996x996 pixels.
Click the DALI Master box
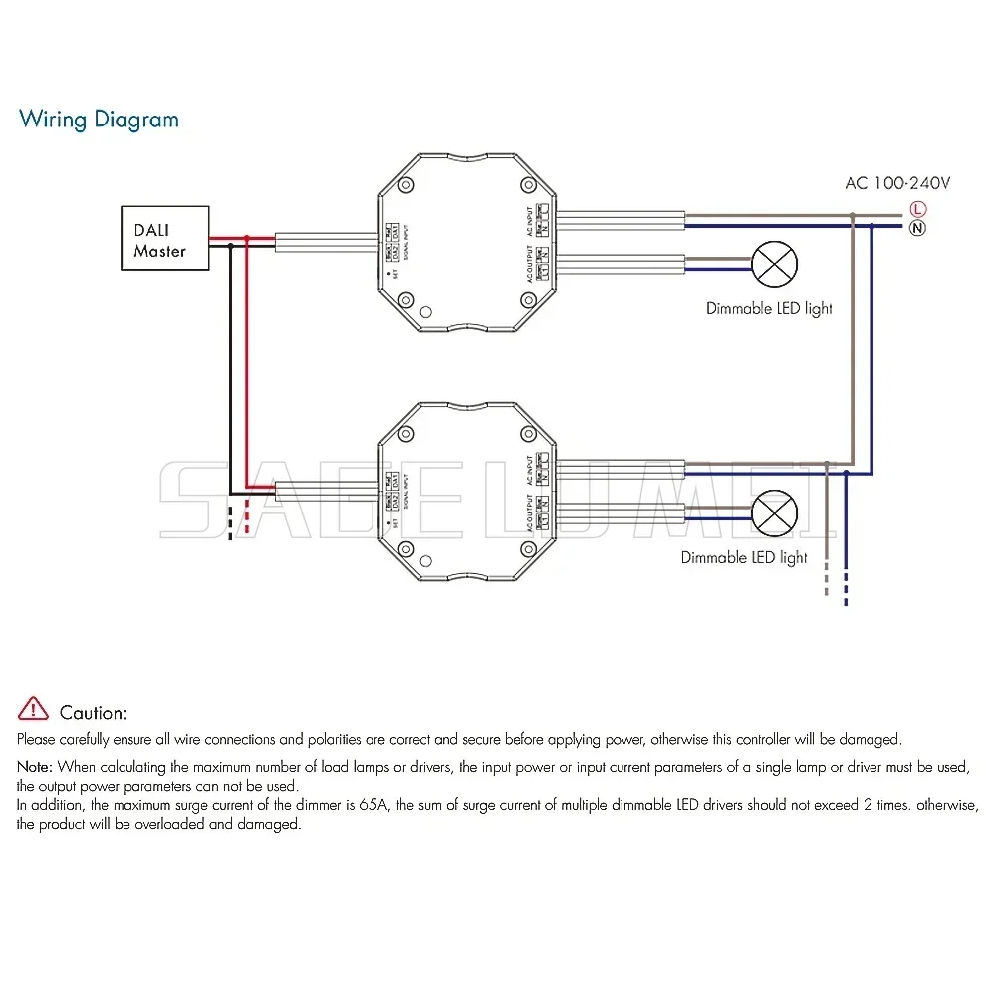tap(164, 238)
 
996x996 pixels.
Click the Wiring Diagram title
tap(99, 120)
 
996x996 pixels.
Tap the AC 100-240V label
tap(897, 183)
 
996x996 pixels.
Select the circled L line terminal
tap(916, 209)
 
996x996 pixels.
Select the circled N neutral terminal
tap(916, 227)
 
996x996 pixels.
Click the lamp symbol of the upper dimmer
tap(774, 264)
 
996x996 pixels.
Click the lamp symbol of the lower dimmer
tap(774, 514)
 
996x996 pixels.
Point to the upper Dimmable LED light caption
tap(769, 309)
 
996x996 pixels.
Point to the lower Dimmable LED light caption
tap(744, 558)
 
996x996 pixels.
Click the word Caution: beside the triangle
tap(94, 713)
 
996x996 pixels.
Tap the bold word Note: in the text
tap(35, 767)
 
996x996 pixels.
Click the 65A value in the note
tap(372, 806)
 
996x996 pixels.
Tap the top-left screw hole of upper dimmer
tap(406, 185)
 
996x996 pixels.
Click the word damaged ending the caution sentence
tap(870, 739)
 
